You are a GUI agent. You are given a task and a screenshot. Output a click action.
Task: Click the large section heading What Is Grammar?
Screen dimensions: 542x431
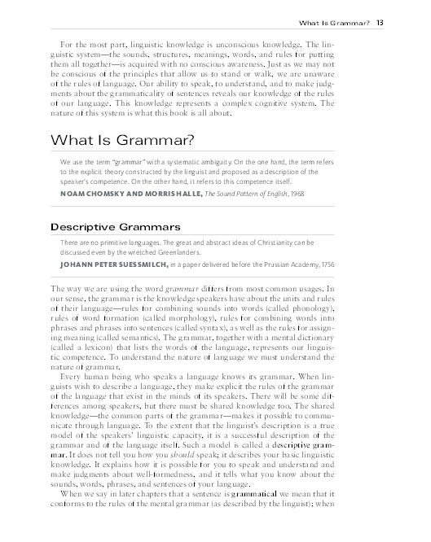pos(122,140)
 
